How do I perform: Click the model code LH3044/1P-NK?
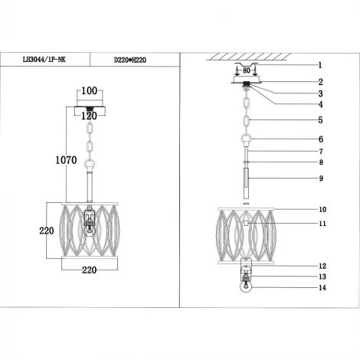[x=44, y=60]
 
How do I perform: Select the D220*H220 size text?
[x=130, y=61]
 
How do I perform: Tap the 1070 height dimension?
[x=66, y=160]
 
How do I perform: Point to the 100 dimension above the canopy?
[x=90, y=91]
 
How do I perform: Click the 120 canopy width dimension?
[x=89, y=116]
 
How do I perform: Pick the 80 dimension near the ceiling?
[x=247, y=70]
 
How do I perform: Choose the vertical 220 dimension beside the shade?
[x=47, y=231]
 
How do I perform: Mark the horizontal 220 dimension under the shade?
[x=90, y=270]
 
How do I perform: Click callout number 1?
[x=320, y=65]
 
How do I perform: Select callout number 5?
[x=320, y=120]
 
